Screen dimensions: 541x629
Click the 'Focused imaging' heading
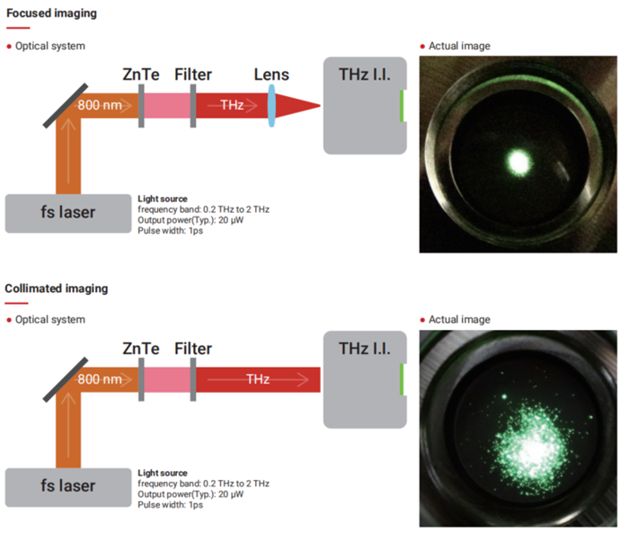coord(50,14)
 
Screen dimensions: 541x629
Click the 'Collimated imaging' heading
coord(56,288)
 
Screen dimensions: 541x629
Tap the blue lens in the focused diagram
coord(270,105)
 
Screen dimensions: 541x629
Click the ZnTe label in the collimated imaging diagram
coord(141,349)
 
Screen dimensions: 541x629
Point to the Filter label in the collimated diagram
coord(194,349)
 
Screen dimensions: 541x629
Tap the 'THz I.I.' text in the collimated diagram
coord(364,349)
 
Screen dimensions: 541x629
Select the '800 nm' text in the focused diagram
coord(100,105)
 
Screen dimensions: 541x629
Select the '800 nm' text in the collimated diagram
coord(100,379)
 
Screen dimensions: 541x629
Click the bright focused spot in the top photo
coord(518,162)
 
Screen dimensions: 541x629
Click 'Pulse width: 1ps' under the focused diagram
coord(164,231)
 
